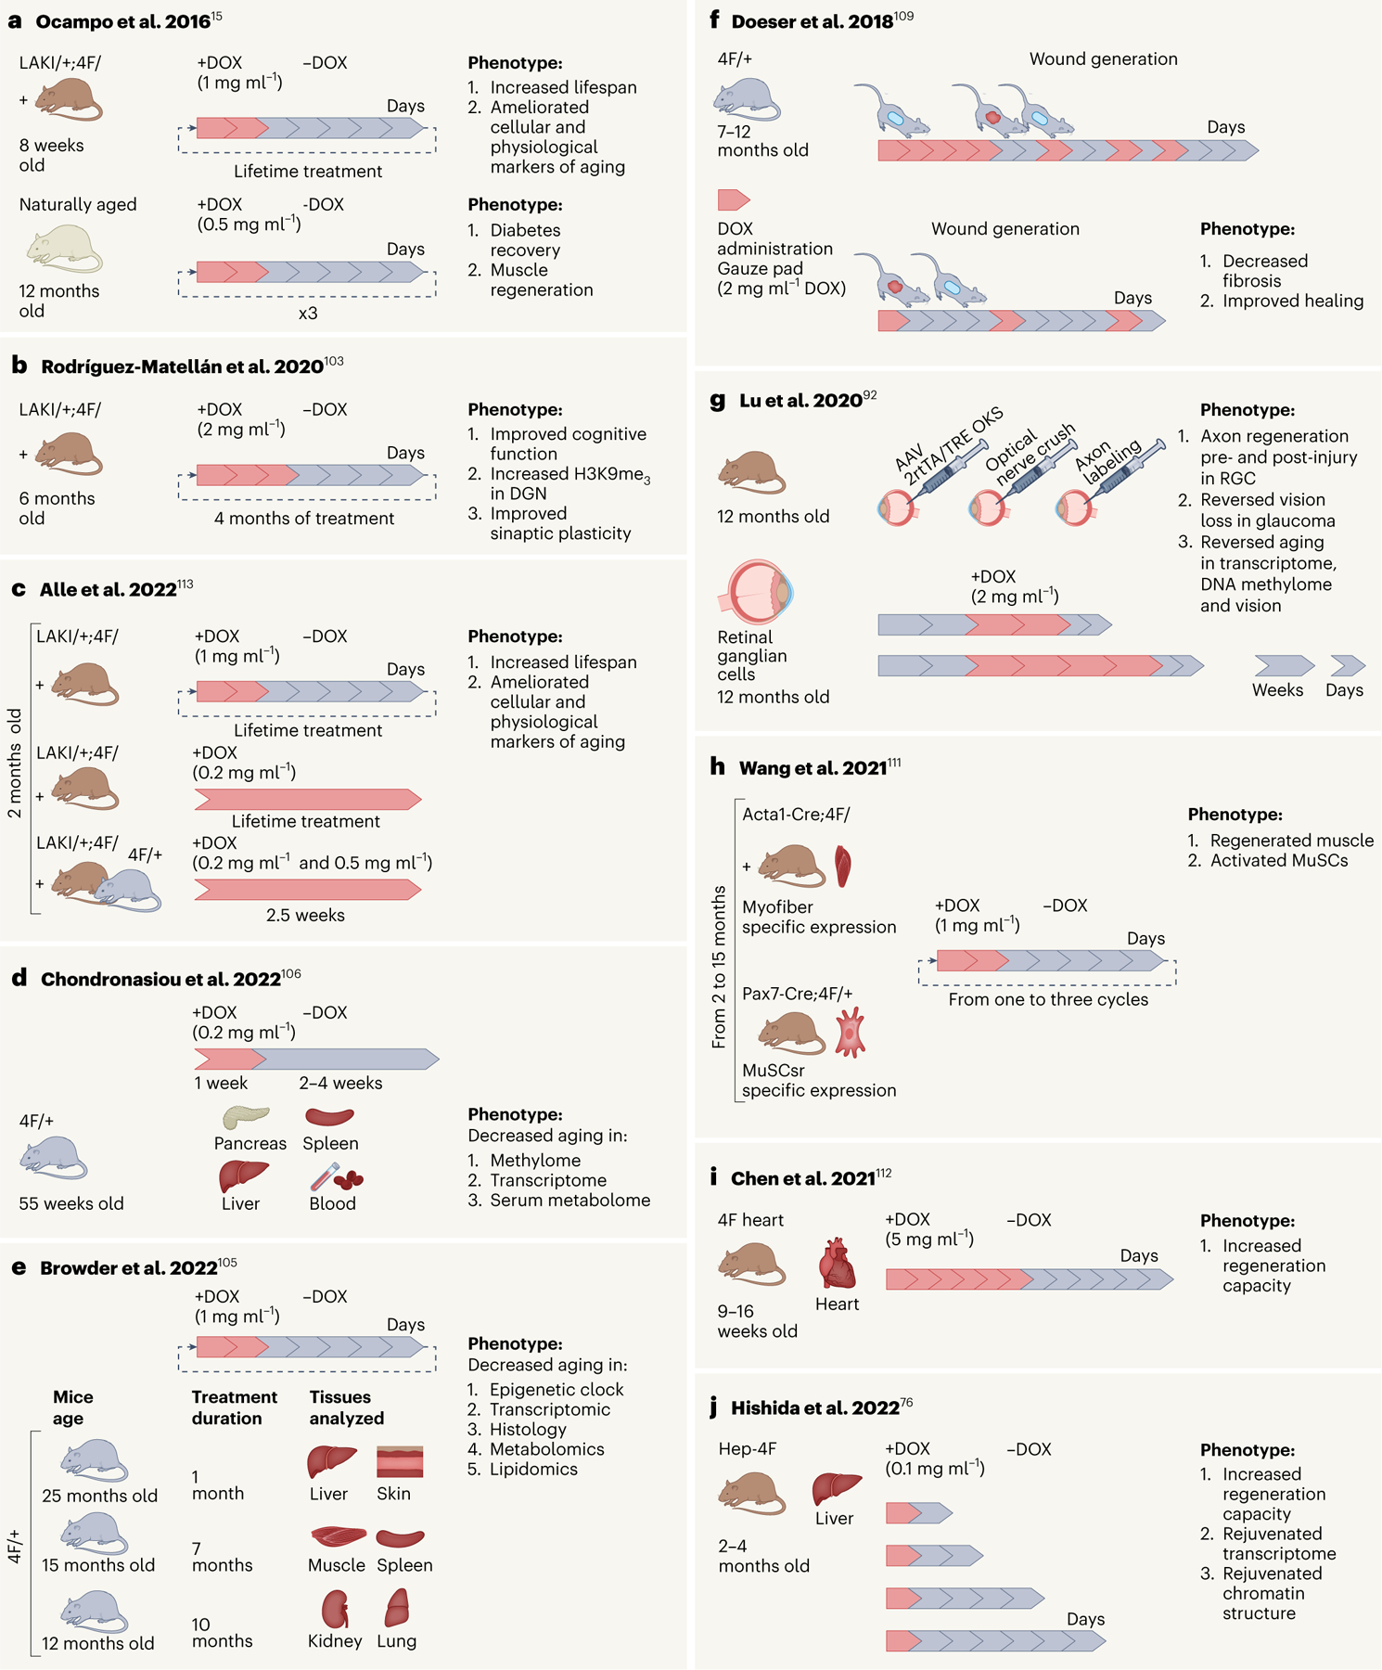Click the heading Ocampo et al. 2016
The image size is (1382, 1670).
pyautogui.click(x=122, y=21)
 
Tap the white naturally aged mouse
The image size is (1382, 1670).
pyautogui.click(x=63, y=250)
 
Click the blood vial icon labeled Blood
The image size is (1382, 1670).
pyautogui.click(x=335, y=1177)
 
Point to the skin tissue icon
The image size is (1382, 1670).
pyautogui.click(x=400, y=1461)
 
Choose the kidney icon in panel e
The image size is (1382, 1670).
pyautogui.click(x=335, y=1609)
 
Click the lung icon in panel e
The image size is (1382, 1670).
pyautogui.click(x=397, y=1608)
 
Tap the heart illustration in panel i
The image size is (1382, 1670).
pyautogui.click(x=837, y=1264)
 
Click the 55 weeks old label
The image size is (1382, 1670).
pyautogui.click(x=71, y=1203)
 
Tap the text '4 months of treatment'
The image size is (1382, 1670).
pyautogui.click(x=304, y=519)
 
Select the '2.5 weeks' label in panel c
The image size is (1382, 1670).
pyautogui.click(x=305, y=915)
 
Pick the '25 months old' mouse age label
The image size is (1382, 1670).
pyautogui.click(x=99, y=1496)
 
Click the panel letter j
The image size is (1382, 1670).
pyautogui.click(x=713, y=1407)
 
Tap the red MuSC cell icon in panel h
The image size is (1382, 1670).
pyautogui.click(x=850, y=1034)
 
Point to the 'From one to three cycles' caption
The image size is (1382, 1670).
pyautogui.click(x=1048, y=999)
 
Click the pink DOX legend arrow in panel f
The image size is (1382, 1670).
pyautogui.click(x=733, y=199)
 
